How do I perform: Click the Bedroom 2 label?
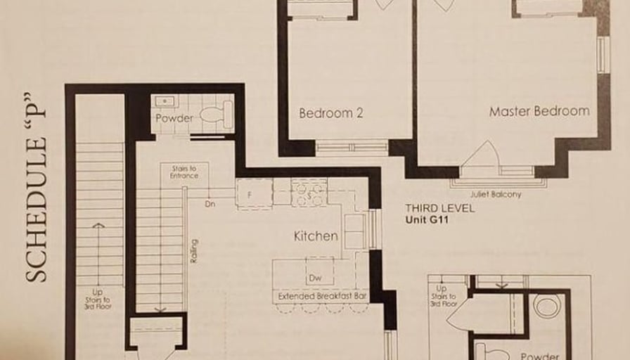(x=331, y=113)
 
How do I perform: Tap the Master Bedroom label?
(x=539, y=111)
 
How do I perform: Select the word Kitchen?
(x=316, y=236)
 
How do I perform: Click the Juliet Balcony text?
(x=496, y=195)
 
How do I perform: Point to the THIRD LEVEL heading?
(x=439, y=209)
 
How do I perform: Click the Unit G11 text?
(x=427, y=220)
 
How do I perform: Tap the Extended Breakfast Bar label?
(x=322, y=296)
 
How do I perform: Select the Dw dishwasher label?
(x=316, y=278)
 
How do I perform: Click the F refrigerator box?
(x=255, y=195)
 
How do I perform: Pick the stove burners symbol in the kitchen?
(x=309, y=193)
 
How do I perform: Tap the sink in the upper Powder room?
(x=165, y=102)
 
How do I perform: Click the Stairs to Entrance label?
(x=184, y=172)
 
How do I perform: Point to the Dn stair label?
(x=210, y=204)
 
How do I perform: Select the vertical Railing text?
(x=194, y=251)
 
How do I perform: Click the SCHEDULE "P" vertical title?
(x=36, y=188)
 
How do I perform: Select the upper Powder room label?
(x=174, y=118)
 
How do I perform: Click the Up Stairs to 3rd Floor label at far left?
(x=98, y=300)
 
